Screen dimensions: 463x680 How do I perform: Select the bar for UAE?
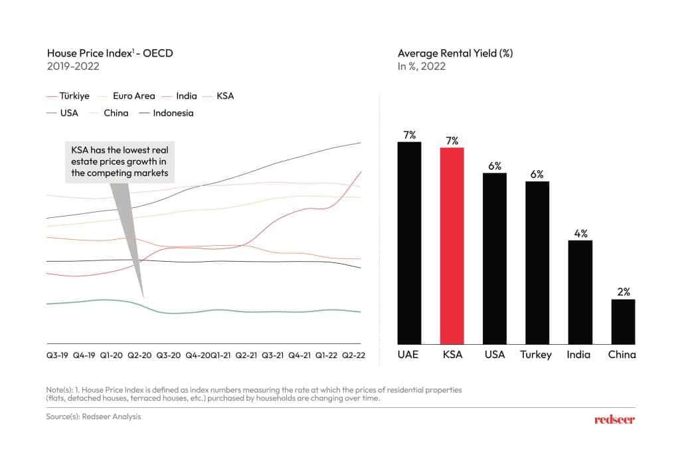click(409, 242)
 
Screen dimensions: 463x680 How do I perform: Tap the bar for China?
click(622, 321)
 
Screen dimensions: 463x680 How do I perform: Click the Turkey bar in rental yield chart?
click(537, 262)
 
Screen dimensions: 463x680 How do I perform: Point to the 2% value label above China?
click(623, 292)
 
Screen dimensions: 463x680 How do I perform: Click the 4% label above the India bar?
click(580, 233)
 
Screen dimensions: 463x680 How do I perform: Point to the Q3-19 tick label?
click(57, 355)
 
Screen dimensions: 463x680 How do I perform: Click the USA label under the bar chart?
click(495, 354)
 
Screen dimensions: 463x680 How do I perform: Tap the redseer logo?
click(614, 419)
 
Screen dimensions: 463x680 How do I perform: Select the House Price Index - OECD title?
click(110, 53)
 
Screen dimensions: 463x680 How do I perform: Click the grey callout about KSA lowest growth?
click(120, 162)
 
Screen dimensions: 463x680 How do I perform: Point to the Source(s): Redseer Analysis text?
click(94, 417)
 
